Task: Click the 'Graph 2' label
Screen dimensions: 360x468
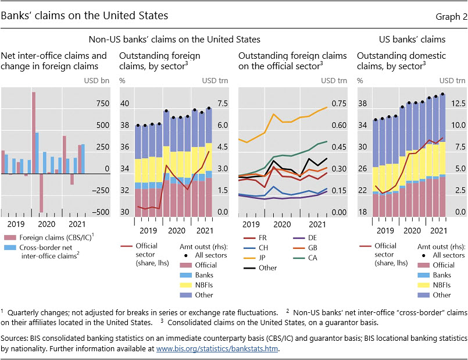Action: pyautogui.click(x=451, y=16)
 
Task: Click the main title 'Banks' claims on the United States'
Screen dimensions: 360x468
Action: pyautogui.click(x=84, y=16)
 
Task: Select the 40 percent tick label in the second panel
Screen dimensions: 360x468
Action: pyautogui.click(x=124, y=104)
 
